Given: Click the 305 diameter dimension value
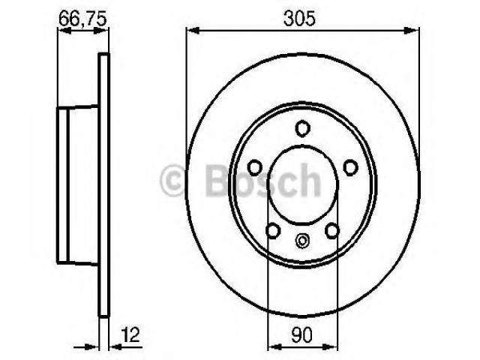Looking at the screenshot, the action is (299, 19).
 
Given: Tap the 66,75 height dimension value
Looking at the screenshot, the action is (82, 18).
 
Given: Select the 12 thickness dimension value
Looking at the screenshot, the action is (130, 334).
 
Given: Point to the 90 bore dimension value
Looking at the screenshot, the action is (301, 334).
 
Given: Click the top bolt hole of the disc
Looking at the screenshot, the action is (302, 128).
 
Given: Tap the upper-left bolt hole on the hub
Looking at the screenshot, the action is (255, 168).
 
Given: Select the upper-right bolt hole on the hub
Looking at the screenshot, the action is (350, 167).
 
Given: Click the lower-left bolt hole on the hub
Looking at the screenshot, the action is (273, 230).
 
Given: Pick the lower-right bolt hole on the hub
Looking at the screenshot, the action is (332, 230).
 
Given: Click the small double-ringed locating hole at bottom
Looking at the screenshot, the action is (302, 241).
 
